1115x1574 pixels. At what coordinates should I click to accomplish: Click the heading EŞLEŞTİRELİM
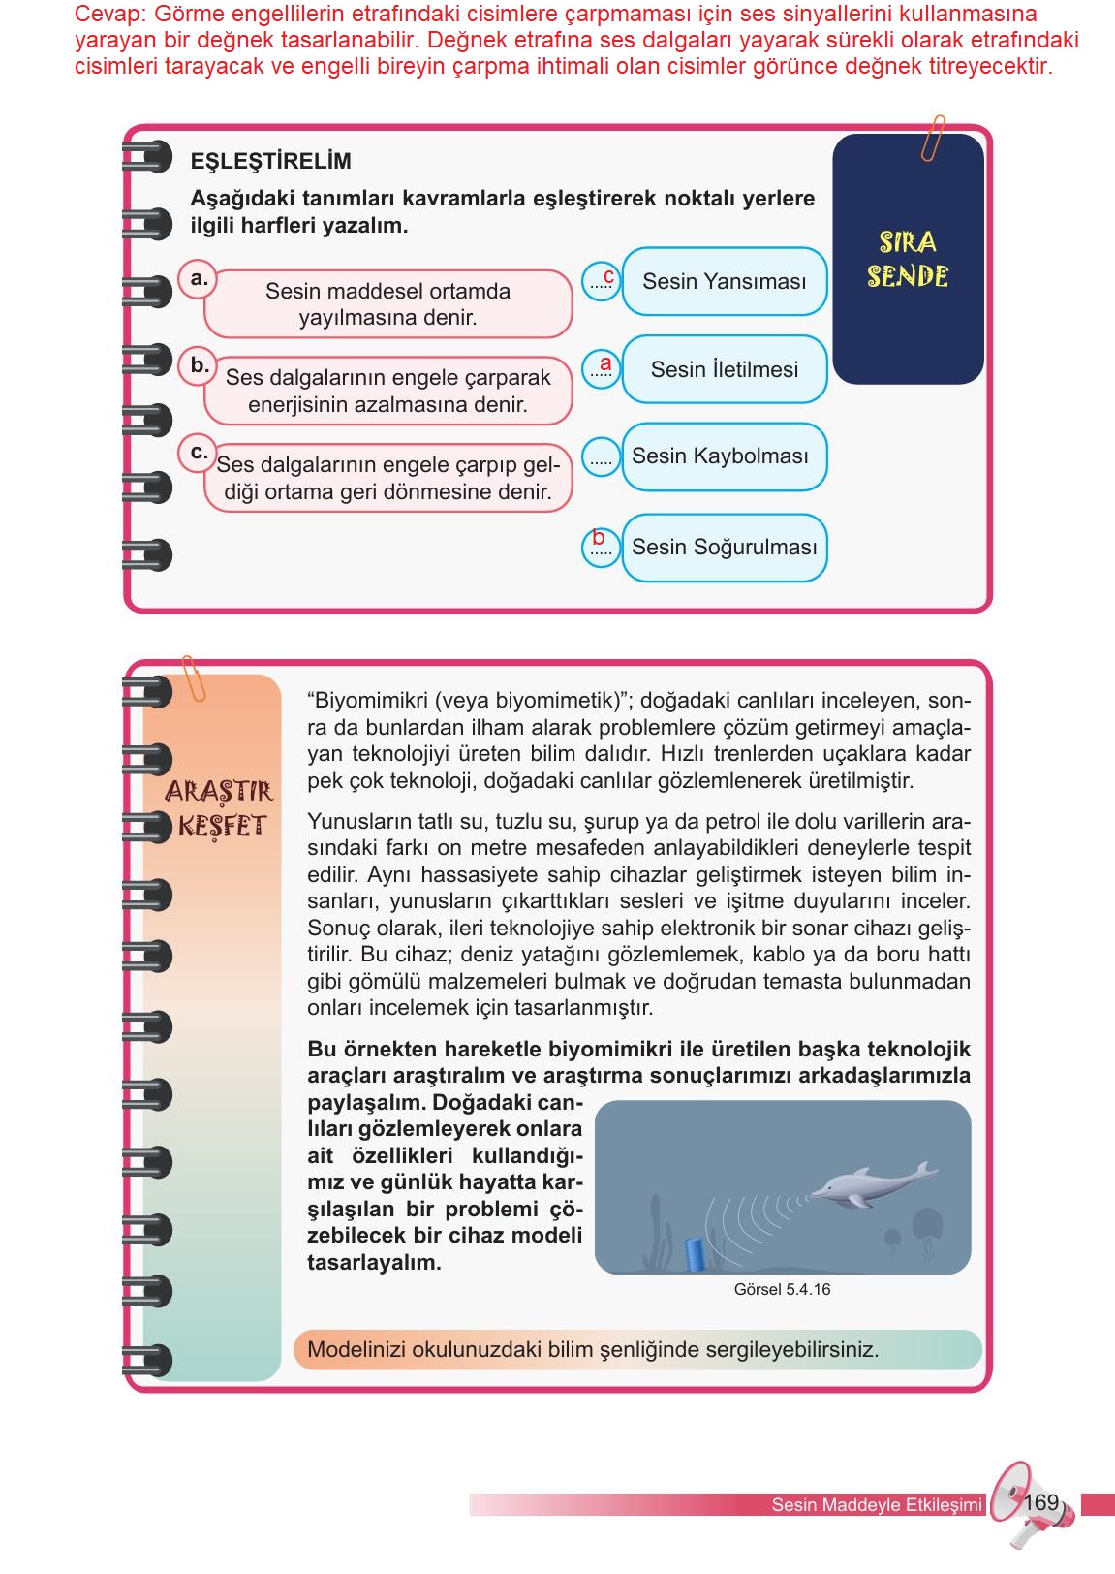pos(270,161)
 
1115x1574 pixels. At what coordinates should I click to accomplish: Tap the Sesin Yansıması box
pos(724,281)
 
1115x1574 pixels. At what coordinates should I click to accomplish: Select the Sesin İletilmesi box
pos(724,369)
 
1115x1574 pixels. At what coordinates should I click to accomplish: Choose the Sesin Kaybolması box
pos(724,456)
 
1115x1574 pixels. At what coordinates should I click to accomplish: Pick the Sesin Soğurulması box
pos(724,548)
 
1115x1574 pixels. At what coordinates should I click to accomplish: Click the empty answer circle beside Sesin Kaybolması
pos(601,456)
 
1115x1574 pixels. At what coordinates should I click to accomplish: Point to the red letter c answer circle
pos(602,281)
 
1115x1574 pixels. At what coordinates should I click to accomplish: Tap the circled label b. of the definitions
pos(200,365)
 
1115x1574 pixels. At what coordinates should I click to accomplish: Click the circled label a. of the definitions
pos(200,279)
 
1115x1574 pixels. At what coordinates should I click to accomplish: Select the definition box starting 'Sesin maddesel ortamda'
pos(387,304)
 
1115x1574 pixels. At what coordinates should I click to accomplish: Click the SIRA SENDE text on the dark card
pos(907,260)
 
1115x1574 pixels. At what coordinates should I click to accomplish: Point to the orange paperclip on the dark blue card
pos(934,139)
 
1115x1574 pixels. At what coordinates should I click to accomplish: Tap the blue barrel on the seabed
pos(695,1253)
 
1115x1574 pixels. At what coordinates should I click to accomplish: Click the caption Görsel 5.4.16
pos(782,1290)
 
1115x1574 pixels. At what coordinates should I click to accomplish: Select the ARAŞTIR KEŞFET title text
pos(220,809)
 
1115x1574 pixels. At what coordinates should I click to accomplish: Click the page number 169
pos(1040,1503)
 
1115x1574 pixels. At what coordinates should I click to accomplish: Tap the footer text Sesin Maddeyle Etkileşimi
pos(876,1505)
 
